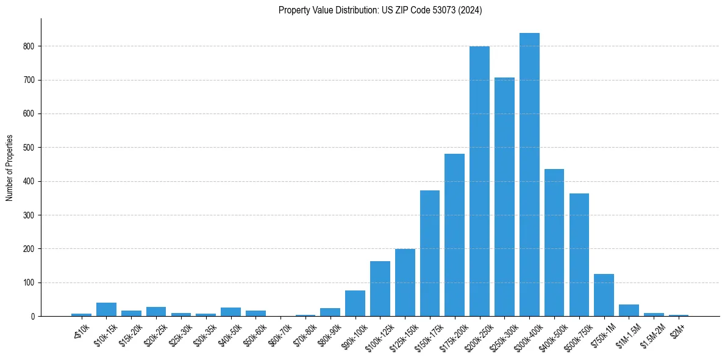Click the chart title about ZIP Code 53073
pos(380,10)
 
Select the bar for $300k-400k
pos(529,175)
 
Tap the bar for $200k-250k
pos(479,181)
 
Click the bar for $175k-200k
pos(454,235)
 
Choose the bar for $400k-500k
pos(554,242)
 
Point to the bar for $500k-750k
pos(579,254)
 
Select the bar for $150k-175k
pos(430,253)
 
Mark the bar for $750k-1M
pos(604,295)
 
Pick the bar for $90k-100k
pos(355,303)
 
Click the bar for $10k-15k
pos(106,309)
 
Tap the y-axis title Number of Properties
pos(10,167)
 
